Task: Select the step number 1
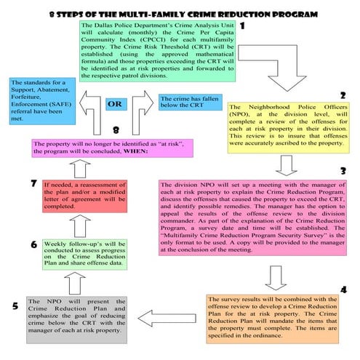click(241, 27)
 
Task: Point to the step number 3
click(343, 170)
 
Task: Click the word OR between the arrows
click(114, 103)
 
